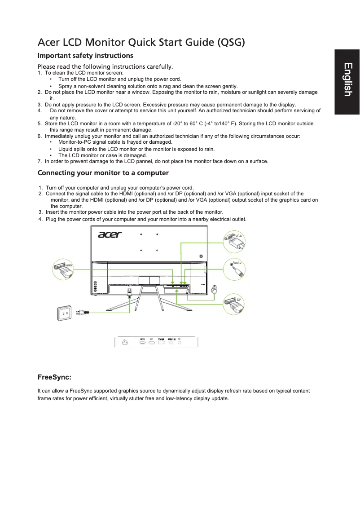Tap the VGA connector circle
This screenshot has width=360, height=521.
[234, 242]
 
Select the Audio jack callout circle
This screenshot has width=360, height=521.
[234, 268]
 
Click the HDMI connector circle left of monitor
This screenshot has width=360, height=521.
[63, 270]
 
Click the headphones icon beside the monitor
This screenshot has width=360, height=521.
[214, 290]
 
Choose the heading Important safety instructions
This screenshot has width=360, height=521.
[85, 56]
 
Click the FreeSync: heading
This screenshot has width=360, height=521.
[54, 376]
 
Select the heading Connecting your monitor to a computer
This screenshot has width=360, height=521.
[103, 173]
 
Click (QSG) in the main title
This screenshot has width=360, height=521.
[231, 43]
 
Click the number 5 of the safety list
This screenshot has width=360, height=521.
[40, 124]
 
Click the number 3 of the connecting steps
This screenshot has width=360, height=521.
[40, 212]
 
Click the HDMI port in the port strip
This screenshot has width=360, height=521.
[143, 344]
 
